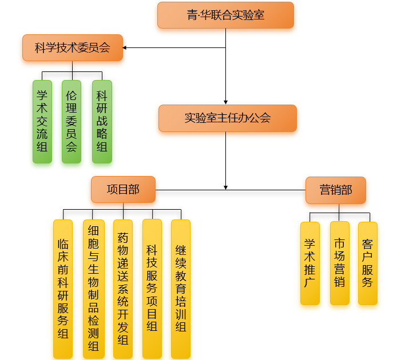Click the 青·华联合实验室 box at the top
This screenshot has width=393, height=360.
point(225,15)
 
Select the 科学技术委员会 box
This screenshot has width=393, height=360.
point(73,47)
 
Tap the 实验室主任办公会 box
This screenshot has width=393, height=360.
point(227,118)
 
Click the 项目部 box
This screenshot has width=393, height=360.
point(123,189)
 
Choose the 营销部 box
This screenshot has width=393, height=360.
point(335,190)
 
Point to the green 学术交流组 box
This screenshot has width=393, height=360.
point(42,121)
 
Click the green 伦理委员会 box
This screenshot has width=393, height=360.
point(72,121)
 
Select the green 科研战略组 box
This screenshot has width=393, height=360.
point(102,121)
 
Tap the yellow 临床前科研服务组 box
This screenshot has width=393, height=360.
point(63,289)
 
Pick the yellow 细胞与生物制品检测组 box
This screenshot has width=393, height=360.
point(93,289)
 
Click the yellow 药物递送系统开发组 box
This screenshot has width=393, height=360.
point(123,289)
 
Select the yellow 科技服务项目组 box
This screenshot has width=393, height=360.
point(152,289)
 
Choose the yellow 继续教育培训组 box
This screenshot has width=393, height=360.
point(181,289)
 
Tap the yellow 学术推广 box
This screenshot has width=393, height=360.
point(310,263)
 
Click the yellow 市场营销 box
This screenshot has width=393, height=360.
point(340,263)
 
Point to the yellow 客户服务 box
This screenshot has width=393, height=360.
point(368,263)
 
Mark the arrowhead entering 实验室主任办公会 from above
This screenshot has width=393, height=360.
point(226,102)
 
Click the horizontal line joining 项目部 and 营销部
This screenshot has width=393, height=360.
point(263,189)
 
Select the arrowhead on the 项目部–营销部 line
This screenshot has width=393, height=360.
point(226,186)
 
